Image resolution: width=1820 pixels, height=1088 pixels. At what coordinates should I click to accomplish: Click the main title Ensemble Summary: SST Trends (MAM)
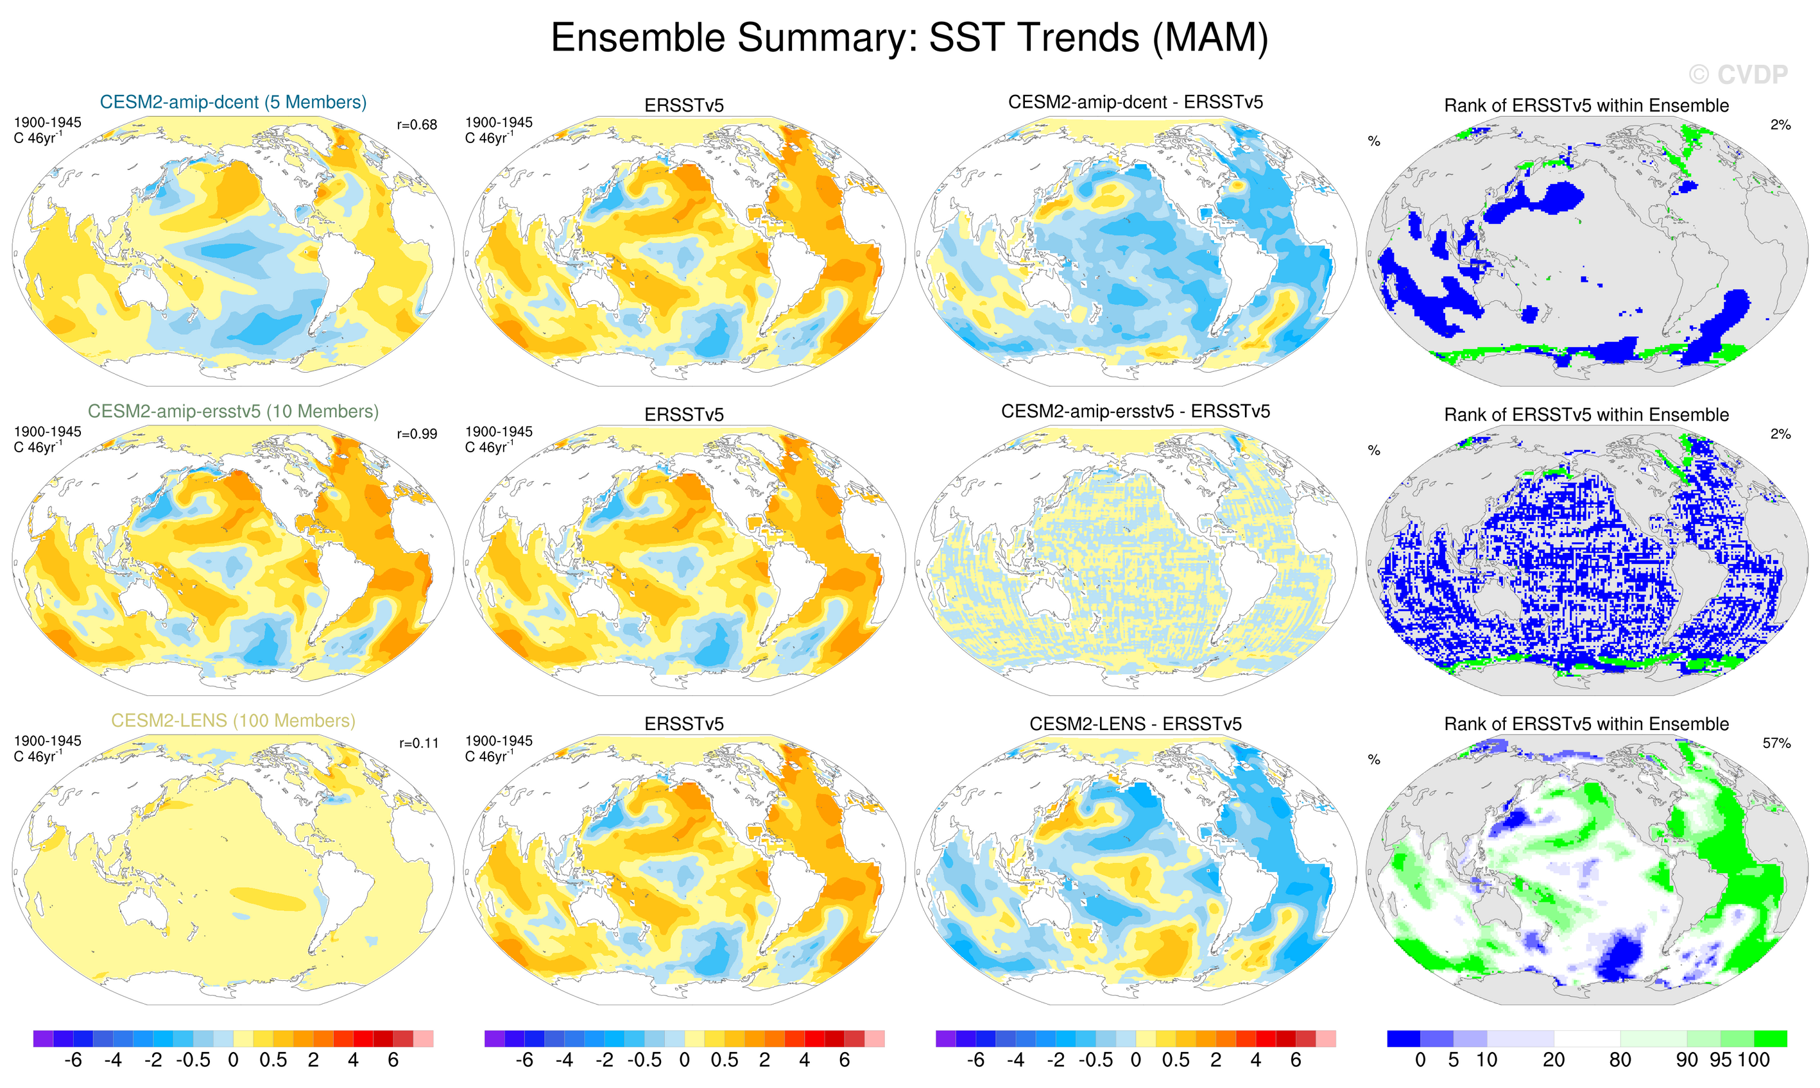click(x=909, y=38)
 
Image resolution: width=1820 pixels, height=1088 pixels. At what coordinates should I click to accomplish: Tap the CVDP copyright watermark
click(x=1738, y=74)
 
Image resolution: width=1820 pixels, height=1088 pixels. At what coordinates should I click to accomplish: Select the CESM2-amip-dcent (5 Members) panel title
click(x=233, y=103)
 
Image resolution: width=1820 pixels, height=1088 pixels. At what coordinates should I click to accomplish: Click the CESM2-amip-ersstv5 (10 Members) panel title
click(x=233, y=412)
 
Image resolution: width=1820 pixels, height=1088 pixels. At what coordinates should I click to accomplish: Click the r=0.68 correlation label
click(x=416, y=125)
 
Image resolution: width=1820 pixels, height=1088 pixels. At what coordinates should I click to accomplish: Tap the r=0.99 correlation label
click(x=416, y=435)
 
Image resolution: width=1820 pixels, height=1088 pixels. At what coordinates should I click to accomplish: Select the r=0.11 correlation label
click(x=418, y=744)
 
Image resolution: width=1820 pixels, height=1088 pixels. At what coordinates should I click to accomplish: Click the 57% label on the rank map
click(x=1776, y=744)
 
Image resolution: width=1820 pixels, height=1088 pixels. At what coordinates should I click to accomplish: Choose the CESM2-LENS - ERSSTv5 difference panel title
click(x=1135, y=724)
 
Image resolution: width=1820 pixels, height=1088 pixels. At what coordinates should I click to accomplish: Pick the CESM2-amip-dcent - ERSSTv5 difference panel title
click(x=1135, y=103)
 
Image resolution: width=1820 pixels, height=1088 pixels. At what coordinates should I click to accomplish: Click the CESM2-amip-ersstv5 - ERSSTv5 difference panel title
click(x=1135, y=412)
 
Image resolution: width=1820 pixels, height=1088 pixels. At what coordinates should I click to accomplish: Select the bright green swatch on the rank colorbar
click(x=1770, y=1039)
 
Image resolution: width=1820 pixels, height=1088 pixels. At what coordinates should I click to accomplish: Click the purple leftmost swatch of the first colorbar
click(x=43, y=1039)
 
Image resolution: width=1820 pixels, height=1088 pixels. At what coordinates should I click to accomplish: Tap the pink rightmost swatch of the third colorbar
click(x=1326, y=1039)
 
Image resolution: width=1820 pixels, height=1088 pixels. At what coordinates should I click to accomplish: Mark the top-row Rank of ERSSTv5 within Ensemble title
click(x=1586, y=106)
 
